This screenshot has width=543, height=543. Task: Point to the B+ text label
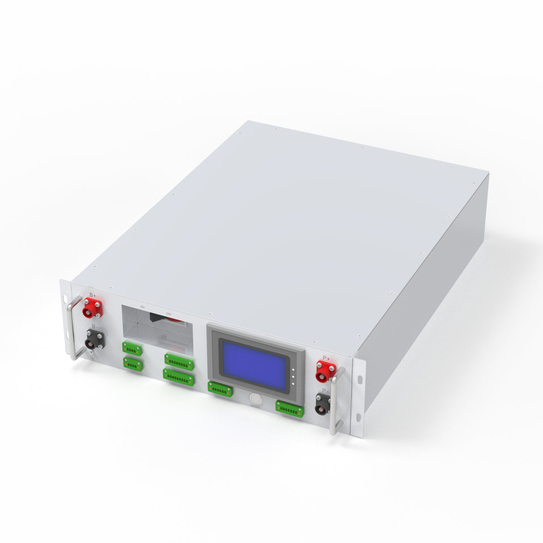(x=93, y=295)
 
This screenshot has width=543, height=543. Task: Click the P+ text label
(x=327, y=358)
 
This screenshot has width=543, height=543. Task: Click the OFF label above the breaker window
(x=169, y=314)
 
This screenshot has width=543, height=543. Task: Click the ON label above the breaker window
(x=142, y=307)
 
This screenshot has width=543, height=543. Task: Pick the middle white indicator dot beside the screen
(x=292, y=377)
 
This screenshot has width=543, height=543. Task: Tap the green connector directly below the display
(x=220, y=390)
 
